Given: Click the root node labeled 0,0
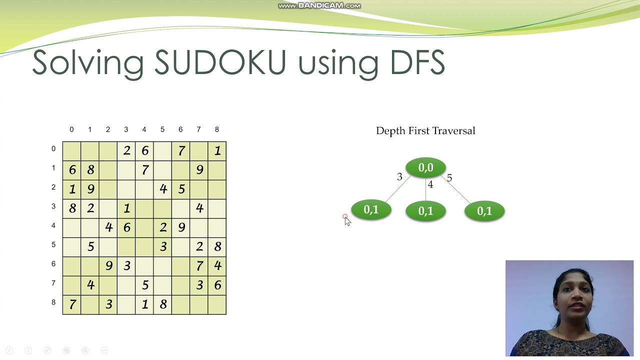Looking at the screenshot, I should point(425,168).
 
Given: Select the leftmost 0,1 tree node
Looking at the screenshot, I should point(371,210).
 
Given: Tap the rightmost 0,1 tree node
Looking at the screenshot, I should point(484,211).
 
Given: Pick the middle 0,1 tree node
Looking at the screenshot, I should point(425,211).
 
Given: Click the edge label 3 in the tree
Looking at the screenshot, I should point(399,177).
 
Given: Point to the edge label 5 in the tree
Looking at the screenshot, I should point(449,178).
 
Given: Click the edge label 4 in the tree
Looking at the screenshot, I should point(430,185).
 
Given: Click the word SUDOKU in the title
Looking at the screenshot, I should point(220,62).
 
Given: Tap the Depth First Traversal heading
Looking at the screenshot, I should point(425,131).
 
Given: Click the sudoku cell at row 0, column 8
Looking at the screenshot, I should point(217,151).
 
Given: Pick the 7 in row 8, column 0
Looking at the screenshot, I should point(72,304).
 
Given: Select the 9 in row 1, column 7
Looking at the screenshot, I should point(199,170).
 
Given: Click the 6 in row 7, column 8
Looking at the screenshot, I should point(217,285).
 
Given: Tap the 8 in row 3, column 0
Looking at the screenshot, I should point(72,208).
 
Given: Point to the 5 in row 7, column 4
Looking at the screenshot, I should point(144,285).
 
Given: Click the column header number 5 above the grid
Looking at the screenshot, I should point(162,130).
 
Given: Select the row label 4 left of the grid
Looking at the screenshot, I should point(53,225).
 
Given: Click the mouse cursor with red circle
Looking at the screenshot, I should point(346,220).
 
